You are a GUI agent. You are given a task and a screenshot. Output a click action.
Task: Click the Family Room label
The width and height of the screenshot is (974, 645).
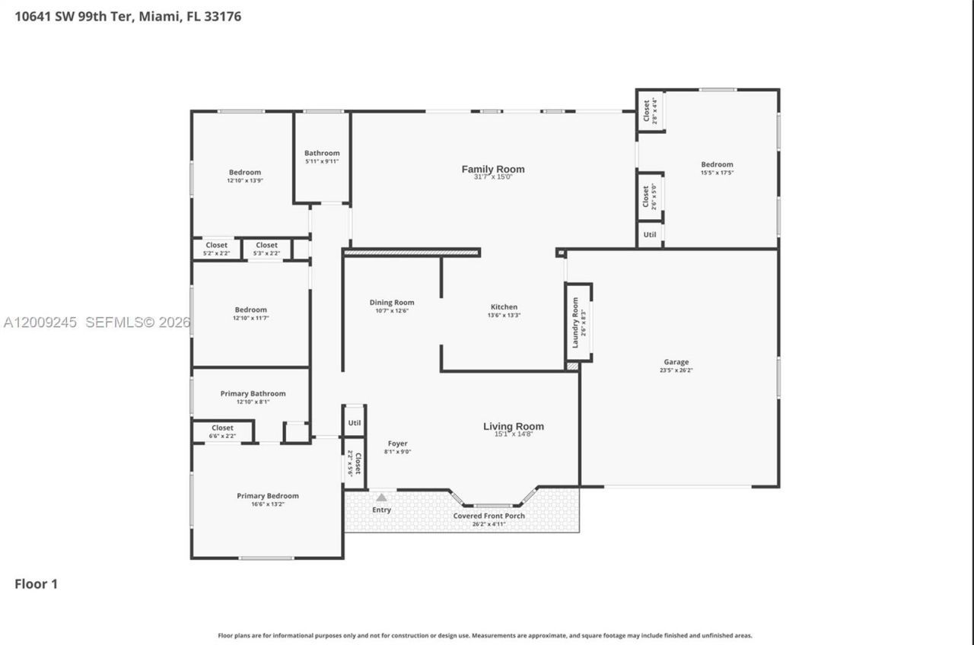point(493,170)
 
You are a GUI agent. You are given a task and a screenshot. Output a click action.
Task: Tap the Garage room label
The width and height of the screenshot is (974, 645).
point(676,362)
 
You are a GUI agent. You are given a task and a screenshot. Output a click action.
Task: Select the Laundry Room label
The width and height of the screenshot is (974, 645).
point(575,322)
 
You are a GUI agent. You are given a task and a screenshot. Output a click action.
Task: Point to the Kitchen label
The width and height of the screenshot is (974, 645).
point(504,307)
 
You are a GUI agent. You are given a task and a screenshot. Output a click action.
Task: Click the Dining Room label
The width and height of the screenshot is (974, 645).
point(392,302)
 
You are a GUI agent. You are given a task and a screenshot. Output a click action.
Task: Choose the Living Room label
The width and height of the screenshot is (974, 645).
point(514,427)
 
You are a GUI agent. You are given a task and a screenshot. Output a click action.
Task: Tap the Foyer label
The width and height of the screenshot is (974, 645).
point(397,443)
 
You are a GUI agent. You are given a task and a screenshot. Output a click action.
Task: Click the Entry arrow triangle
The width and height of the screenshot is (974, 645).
point(381,497)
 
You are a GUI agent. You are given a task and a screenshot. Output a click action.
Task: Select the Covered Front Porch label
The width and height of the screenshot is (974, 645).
point(489,516)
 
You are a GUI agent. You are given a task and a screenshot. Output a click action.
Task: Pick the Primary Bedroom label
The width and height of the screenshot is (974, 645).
point(267,496)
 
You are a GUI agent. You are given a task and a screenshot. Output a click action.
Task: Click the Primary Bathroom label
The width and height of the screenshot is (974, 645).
point(253,393)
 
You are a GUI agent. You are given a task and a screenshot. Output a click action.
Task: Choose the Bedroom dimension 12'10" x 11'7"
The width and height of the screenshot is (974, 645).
point(250,318)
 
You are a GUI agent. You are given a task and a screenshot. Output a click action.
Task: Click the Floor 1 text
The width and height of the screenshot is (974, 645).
point(37,584)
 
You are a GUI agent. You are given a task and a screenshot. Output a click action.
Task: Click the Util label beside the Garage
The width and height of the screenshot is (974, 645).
point(649,235)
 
